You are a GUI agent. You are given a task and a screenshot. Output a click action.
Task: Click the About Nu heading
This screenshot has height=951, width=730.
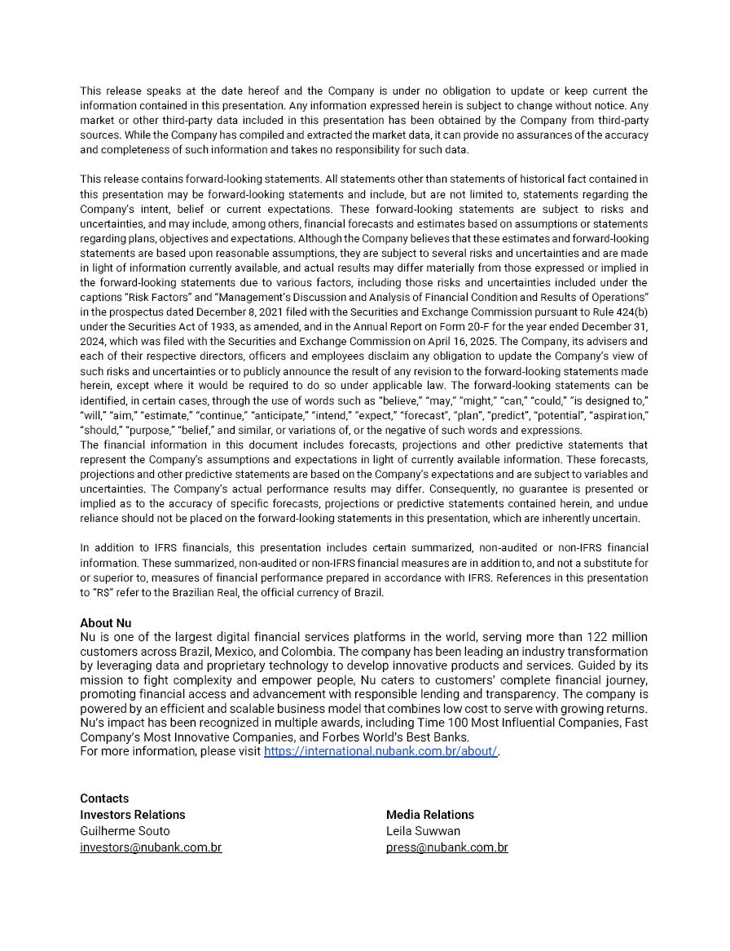click(105, 622)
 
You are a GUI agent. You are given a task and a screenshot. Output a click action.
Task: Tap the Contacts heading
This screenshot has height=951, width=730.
click(104, 798)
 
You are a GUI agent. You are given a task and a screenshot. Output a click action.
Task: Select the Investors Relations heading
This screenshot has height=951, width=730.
click(132, 815)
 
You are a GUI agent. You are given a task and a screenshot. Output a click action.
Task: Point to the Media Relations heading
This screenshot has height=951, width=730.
click(429, 815)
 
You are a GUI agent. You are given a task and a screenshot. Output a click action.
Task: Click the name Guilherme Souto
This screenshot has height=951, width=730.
click(125, 831)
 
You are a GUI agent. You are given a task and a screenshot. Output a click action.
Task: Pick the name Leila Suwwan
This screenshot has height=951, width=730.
click(423, 831)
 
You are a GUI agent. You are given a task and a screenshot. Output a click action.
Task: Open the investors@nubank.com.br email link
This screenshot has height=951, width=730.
click(151, 847)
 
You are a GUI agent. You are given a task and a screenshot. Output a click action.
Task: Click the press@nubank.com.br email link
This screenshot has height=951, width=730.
click(446, 847)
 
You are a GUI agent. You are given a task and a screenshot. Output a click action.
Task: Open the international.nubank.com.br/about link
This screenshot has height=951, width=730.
click(380, 751)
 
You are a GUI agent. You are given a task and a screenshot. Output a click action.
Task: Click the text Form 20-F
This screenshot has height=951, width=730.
click(473, 327)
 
